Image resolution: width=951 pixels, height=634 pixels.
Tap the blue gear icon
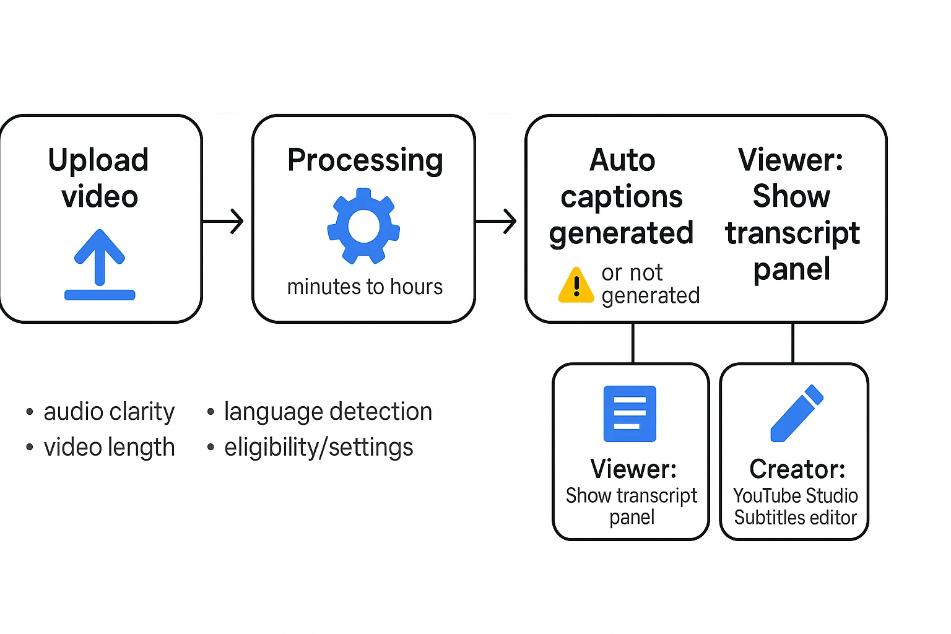coord(364,226)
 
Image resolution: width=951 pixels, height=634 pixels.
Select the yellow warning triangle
coord(576,285)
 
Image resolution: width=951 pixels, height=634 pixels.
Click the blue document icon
coord(630,414)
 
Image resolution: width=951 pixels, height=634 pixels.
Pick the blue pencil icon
coord(796,414)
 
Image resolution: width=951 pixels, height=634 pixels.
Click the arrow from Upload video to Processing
coord(224,221)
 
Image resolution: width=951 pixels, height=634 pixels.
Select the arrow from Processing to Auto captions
coord(497,221)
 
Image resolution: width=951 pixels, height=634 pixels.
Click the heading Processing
coord(365,160)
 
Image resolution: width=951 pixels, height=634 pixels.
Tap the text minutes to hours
coord(365,287)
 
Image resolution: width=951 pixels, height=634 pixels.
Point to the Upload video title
coord(99,178)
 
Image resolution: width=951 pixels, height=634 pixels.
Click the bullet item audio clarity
coord(109,412)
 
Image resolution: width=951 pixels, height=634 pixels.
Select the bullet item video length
coord(109,448)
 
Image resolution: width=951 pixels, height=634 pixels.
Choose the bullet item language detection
coord(328,412)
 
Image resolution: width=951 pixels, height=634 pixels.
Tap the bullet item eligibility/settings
coord(318,448)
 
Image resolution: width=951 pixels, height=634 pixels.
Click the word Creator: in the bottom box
coord(797,469)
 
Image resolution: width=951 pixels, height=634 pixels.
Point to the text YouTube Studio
coord(796,496)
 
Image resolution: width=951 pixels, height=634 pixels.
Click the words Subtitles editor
coord(796,518)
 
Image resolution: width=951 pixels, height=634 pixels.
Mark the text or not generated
coord(649,284)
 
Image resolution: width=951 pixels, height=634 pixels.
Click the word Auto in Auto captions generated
coord(622,160)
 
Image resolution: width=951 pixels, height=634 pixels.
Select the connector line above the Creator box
coord(793,343)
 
